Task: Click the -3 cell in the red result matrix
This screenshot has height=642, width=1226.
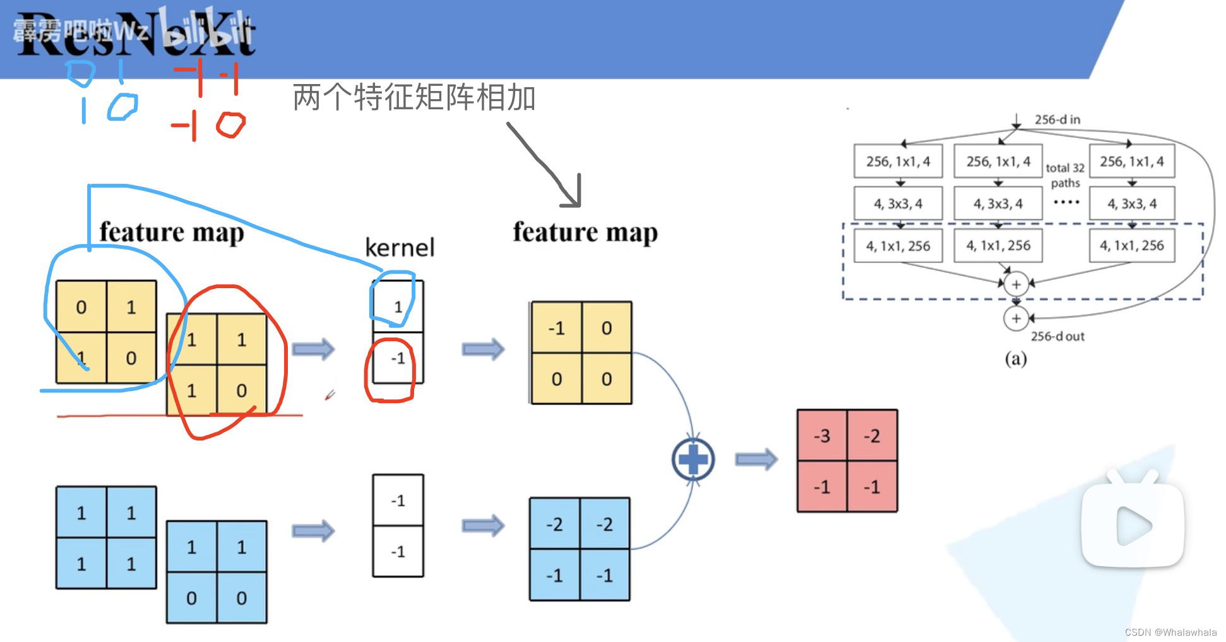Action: point(821,435)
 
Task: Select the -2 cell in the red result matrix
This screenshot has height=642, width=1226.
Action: point(872,435)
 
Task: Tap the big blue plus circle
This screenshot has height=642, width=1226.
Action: point(693,459)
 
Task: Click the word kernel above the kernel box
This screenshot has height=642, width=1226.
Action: point(400,248)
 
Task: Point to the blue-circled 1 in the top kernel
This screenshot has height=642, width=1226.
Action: point(398,307)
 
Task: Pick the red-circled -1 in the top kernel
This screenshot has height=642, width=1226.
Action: point(398,359)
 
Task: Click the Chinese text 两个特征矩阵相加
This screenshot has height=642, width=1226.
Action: point(414,98)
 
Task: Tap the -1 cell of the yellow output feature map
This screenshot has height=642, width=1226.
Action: point(556,328)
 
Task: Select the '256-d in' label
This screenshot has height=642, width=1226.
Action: point(1057,119)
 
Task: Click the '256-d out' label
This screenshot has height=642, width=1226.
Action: point(1057,336)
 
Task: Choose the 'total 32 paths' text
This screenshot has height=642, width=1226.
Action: point(1065,176)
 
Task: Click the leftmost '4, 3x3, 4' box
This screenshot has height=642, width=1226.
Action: point(898,203)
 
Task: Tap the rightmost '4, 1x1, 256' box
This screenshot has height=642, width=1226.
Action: point(1131,246)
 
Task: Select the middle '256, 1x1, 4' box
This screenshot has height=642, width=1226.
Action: point(998,162)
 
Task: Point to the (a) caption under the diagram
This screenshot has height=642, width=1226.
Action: point(1015,359)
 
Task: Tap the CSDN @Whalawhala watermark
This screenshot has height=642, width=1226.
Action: point(1170,632)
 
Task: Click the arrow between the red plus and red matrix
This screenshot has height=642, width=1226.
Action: point(756,459)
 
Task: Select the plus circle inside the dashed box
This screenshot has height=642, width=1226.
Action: point(1016,284)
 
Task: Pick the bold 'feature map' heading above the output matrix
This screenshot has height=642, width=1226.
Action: point(585,233)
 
